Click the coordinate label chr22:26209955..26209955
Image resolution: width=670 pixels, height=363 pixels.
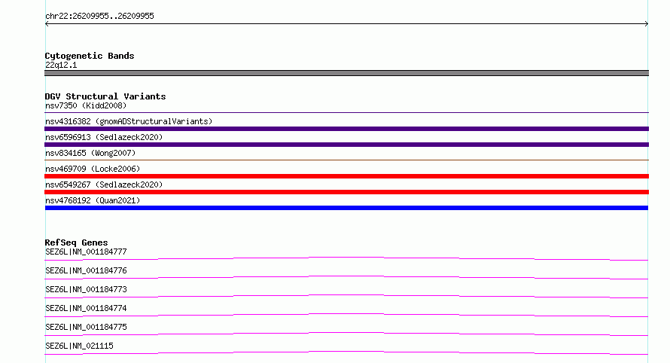[99, 17]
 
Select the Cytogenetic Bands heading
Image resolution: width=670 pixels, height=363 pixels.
[90, 56]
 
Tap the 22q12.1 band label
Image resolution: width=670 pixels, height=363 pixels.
[61, 65]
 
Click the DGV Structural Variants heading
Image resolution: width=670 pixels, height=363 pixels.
[105, 96]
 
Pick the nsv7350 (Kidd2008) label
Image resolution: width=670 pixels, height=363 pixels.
[86, 105]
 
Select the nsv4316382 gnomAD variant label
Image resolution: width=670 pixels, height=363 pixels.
[129, 121]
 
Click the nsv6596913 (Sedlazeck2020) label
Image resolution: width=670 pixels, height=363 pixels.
[104, 137]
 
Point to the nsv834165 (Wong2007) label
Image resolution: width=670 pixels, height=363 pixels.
[90, 153]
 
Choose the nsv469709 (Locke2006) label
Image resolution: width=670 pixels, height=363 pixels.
[93, 169]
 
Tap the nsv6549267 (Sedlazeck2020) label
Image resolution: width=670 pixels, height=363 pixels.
[104, 185]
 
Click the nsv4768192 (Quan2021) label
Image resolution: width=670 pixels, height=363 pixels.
[93, 200]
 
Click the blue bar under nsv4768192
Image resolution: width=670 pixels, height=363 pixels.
[346, 208]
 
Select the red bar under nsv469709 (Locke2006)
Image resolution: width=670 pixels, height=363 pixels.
[346, 176]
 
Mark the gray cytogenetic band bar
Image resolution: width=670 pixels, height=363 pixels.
[346, 73]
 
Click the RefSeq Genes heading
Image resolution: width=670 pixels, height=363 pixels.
[76, 243]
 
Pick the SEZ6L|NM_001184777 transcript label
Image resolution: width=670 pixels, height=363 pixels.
[86, 252]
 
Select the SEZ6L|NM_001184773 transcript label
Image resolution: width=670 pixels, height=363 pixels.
[86, 289]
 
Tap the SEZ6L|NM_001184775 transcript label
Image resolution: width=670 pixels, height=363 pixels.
[86, 327]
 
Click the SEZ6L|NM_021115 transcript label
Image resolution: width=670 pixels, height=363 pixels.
[79, 346]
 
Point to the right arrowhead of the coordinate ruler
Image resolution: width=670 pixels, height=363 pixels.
[647, 24]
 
